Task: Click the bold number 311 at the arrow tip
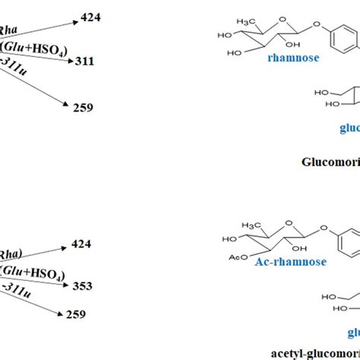pos(85,61)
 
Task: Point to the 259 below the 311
pos(82,107)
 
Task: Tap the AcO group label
pos(228,256)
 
